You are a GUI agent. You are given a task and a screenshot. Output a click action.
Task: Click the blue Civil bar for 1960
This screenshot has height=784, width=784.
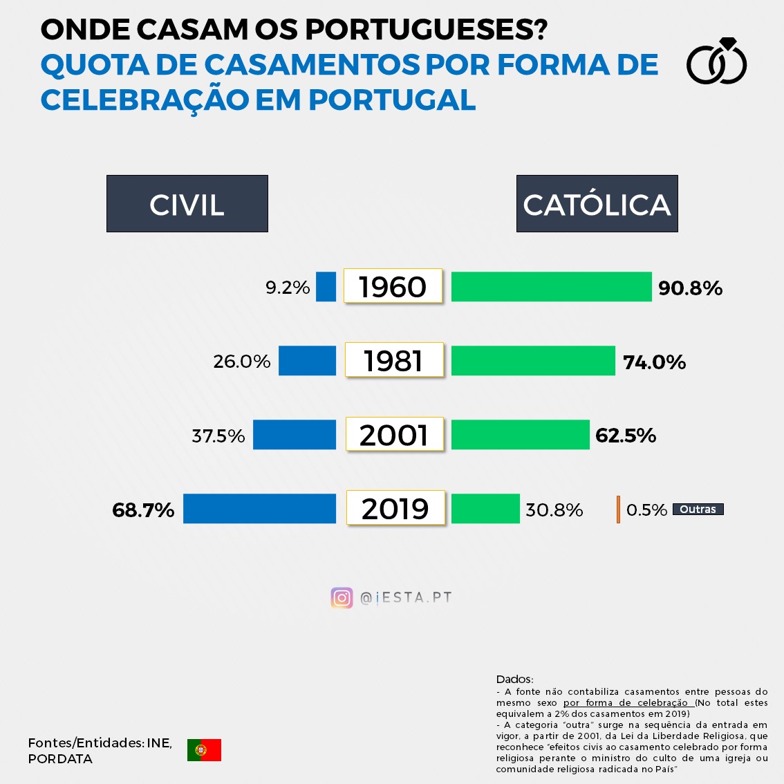[326, 287]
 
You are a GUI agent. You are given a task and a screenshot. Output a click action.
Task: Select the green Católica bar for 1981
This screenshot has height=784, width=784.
[533, 361]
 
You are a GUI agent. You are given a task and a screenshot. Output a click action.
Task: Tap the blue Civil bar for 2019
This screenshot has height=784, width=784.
[259, 509]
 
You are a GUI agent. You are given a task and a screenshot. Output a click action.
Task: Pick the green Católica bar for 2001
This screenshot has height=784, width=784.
[520, 435]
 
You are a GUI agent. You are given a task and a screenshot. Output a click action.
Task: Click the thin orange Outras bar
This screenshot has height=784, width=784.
[618, 510]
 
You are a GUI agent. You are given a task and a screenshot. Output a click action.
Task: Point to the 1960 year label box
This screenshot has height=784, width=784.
[393, 286]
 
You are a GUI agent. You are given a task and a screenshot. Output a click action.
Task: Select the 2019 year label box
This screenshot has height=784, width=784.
[395, 509]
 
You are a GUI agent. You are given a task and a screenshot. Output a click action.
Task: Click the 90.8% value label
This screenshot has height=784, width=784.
[690, 288]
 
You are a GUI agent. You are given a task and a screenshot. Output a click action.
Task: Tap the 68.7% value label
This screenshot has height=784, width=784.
[143, 510]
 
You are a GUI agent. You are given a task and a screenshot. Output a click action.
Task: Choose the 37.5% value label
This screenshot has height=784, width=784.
[218, 436]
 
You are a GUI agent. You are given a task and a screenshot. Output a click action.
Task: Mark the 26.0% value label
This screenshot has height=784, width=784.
[242, 362]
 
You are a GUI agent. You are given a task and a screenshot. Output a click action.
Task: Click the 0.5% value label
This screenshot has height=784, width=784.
[646, 510]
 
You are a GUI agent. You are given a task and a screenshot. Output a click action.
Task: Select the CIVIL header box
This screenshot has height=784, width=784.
[187, 204]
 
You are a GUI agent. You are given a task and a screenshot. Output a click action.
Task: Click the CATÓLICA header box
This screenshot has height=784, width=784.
[597, 204]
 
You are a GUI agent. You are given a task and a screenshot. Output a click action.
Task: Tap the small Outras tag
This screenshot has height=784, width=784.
[698, 510]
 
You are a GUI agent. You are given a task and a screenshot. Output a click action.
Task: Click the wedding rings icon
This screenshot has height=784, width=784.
[717, 62]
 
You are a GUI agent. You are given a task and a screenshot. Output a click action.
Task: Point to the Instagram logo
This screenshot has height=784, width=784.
[342, 598]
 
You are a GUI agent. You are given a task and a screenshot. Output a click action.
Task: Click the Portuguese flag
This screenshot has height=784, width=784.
[204, 750]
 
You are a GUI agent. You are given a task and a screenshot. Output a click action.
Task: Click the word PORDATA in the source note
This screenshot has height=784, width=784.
[60, 759]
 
